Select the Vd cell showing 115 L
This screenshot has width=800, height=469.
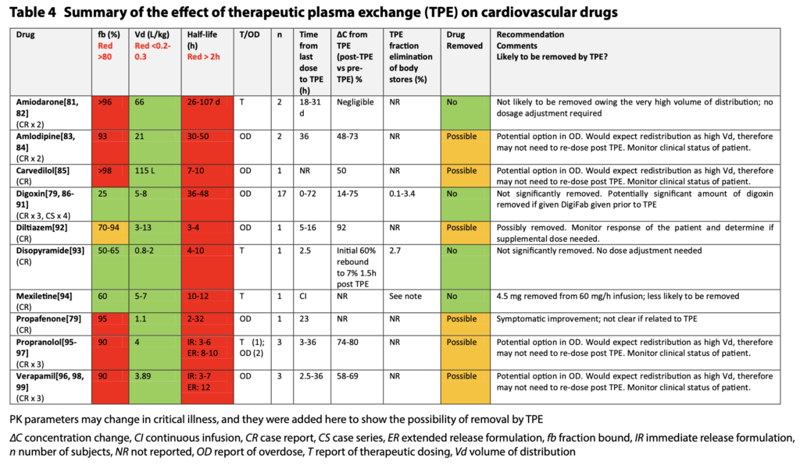[x=145, y=170]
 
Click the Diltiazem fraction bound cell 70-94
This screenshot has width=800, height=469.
[x=110, y=228]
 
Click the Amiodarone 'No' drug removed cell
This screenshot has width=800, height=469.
[x=452, y=102]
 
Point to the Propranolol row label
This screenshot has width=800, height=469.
[x=44, y=343]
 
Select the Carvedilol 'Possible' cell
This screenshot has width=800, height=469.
[x=462, y=170]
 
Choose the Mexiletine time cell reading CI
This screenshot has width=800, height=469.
[x=302, y=296]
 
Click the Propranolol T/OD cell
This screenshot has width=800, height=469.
[x=254, y=348]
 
